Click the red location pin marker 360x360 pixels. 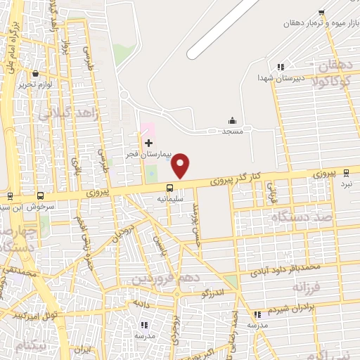(181, 165)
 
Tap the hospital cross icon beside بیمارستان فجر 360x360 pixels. (148, 143)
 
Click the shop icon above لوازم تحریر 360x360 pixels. (34, 73)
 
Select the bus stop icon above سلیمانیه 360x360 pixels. (169, 187)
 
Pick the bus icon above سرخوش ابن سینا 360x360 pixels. (40, 196)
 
